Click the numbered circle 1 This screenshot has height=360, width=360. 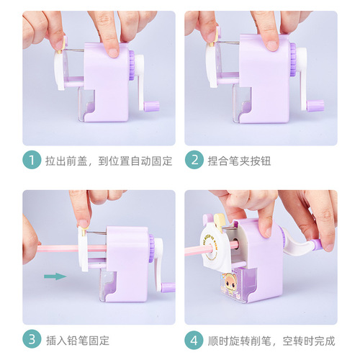pos(32,160)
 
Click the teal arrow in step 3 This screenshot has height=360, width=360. pos(52,274)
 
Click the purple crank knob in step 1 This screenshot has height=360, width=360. pos(151,106)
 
